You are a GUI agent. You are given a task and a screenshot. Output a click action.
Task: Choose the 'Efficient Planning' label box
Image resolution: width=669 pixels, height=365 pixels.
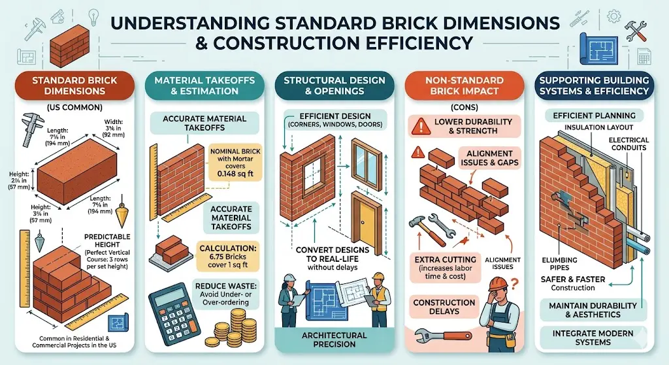594,116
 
